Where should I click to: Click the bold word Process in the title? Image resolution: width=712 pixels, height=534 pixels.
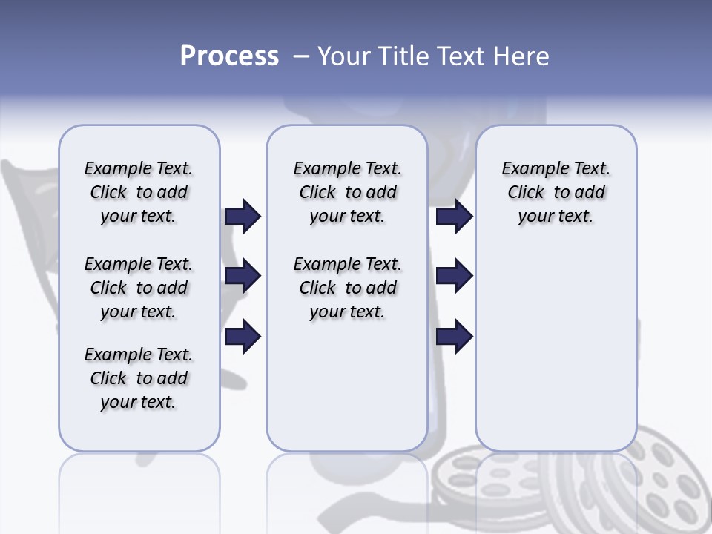coord(229,56)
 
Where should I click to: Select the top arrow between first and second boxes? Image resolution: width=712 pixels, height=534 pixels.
coord(243,216)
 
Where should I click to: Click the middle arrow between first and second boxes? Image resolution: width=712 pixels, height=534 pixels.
coord(243,277)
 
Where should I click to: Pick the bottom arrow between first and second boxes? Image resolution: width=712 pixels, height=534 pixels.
coord(243,337)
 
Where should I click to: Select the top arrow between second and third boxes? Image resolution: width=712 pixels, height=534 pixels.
coord(455,216)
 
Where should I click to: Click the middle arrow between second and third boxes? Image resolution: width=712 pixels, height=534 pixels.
coord(455,277)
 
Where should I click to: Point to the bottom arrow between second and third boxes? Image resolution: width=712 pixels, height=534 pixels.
coord(455,337)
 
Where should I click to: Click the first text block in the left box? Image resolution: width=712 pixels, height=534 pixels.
coord(139,192)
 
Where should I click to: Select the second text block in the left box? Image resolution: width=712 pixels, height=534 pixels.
coord(139,288)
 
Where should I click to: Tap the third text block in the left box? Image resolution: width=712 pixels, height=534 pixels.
coord(139,378)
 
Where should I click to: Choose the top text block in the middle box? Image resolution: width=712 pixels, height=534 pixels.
coord(347,192)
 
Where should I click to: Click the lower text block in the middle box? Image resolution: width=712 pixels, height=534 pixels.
coord(347,288)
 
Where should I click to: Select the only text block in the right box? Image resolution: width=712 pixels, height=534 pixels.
coord(556,192)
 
